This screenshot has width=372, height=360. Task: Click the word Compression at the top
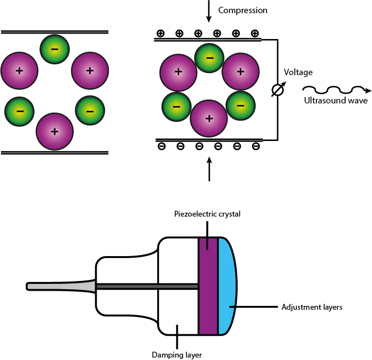[243, 10]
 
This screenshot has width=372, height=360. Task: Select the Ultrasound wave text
[335, 101]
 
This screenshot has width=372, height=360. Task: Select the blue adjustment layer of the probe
[227, 285]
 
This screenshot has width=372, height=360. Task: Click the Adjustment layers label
[312, 307]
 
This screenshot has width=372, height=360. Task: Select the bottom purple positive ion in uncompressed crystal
[55, 131]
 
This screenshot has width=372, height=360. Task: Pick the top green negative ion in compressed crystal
[209, 58]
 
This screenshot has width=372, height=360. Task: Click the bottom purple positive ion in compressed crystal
[209, 119]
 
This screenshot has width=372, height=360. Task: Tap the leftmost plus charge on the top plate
[160, 34]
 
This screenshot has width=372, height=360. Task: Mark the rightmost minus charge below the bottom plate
[255, 146]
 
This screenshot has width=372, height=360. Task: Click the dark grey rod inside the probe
[146, 286]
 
